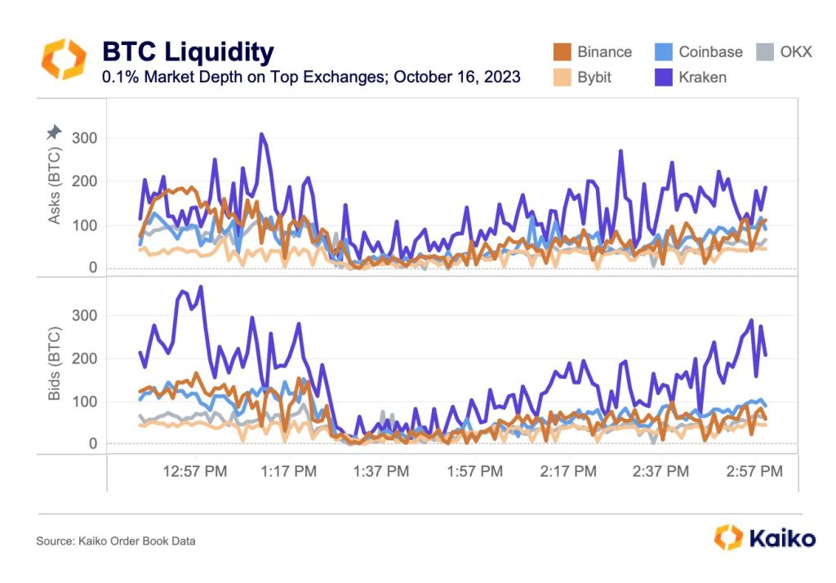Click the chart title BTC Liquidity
(187, 52)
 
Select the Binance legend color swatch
(561, 51)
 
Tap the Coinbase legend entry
(699, 51)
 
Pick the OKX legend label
(795, 51)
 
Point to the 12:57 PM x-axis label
(196, 471)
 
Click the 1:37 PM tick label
(380, 471)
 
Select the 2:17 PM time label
(569, 471)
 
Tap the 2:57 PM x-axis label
(754, 471)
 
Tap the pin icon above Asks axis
(53, 131)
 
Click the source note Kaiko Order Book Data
(115, 541)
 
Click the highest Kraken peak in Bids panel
(200, 287)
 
